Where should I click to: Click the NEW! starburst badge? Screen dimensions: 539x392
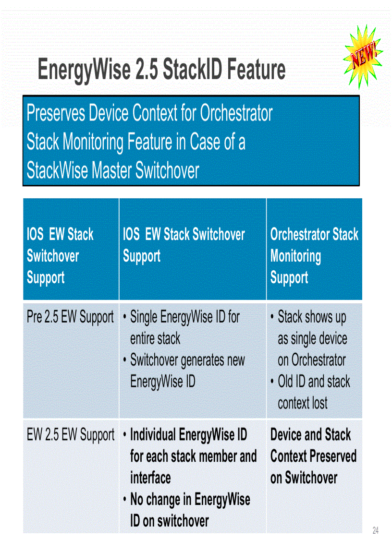(364, 57)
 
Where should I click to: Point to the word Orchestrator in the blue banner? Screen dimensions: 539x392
(236, 114)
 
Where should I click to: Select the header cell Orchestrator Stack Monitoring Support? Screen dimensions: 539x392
(314, 255)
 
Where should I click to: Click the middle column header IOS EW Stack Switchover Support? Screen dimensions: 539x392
(184, 245)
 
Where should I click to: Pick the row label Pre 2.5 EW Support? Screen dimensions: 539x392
(70, 317)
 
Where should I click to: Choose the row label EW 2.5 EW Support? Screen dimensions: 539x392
(70, 435)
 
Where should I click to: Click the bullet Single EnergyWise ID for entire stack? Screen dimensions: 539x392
(184, 327)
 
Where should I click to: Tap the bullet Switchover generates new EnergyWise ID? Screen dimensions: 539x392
(187, 371)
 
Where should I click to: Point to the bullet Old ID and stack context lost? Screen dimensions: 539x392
(313, 392)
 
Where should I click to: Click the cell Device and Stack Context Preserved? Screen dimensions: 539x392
(313, 456)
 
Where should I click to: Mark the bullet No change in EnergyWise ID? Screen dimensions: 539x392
(190, 510)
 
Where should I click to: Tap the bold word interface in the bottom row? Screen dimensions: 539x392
(150, 478)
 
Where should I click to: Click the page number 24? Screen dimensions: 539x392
(376, 530)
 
